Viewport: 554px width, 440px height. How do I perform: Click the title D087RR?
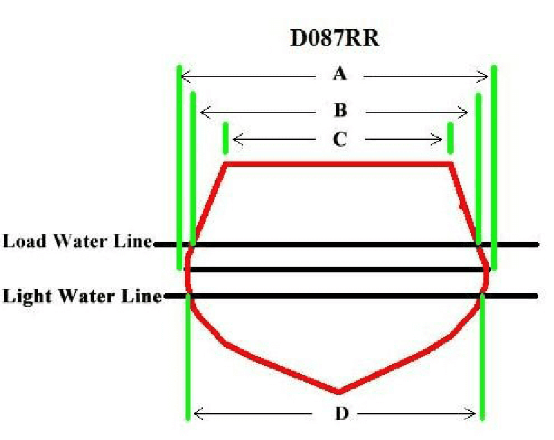334,38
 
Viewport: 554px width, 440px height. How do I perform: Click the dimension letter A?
339,73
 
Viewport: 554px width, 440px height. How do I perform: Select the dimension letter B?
340,110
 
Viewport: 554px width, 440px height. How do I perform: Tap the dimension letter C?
339,139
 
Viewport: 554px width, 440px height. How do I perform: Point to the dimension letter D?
341,414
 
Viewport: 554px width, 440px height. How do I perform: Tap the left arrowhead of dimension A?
185,74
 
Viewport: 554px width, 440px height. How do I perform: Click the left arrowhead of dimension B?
203,112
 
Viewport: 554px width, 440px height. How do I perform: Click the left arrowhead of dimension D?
197,414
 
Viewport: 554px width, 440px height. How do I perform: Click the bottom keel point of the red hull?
339,392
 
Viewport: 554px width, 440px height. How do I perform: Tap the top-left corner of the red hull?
225,164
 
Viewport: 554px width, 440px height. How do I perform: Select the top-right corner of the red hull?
450,164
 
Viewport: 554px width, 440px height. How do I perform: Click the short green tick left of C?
226,138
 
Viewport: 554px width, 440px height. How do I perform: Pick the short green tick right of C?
450,138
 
